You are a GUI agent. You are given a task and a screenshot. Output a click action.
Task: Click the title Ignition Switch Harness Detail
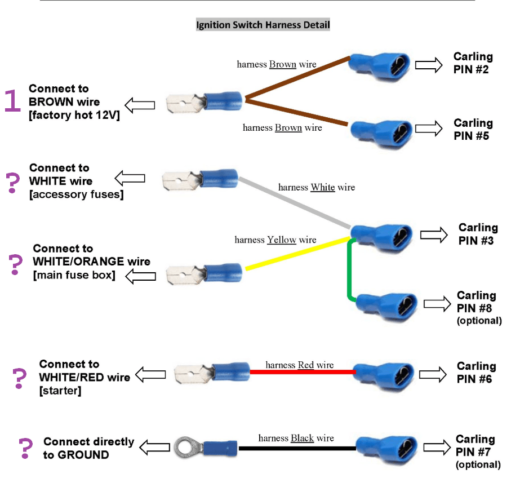[x=263, y=25]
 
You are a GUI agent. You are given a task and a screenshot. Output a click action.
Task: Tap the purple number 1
[x=12, y=100]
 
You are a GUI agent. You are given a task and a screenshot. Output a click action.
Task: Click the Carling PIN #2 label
[x=473, y=63]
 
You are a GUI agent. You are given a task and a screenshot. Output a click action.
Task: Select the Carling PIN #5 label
[x=473, y=130]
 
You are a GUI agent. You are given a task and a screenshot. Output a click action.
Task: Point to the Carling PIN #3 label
[x=478, y=234]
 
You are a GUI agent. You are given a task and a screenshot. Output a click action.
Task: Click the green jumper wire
[x=349, y=270]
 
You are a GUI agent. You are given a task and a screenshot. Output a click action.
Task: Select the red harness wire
[x=303, y=372]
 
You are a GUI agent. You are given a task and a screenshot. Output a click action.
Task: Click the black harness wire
[x=297, y=449]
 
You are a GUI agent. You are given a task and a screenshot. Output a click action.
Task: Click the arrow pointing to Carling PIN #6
[x=433, y=374]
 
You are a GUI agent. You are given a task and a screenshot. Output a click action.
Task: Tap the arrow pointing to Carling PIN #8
[x=437, y=303]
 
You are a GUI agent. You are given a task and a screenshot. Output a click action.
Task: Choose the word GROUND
[x=83, y=455]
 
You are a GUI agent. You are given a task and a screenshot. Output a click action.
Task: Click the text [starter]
[x=60, y=391]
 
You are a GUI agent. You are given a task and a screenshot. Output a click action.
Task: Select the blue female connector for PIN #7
[x=386, y=449]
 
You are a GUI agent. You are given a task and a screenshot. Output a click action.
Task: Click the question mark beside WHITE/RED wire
[x=19, y=378]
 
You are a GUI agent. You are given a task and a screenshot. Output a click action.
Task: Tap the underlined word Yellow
[x=282, y=240]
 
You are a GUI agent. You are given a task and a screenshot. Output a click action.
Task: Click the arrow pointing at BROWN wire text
[x=140, y=105]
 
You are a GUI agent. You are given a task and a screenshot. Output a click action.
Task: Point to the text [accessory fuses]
[x=77, y=194]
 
